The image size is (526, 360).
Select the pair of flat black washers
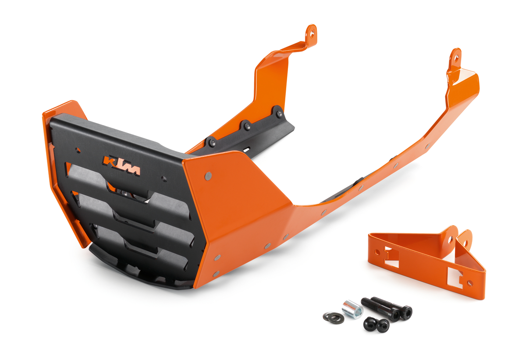(333, 316)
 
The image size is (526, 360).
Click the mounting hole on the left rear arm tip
(312, 32)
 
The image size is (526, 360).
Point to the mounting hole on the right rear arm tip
(455, 56)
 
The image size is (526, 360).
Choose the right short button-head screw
(383, 325)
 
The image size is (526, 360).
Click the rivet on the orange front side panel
(208, 176)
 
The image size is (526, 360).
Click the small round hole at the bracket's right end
(470, 282)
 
